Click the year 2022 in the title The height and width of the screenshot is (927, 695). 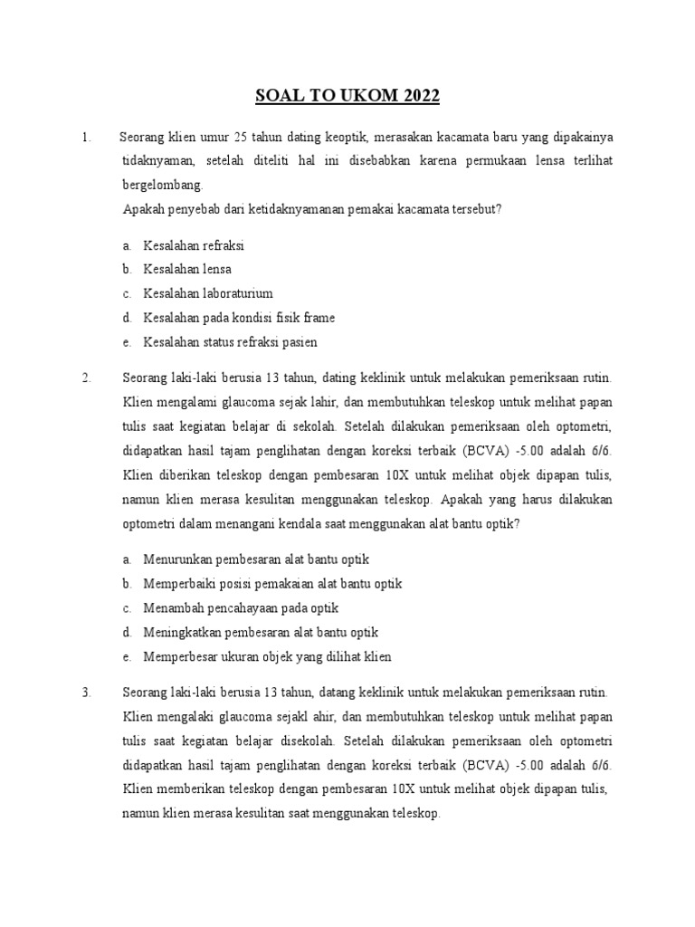coord(417,97)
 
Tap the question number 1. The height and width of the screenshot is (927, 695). coord(85,138)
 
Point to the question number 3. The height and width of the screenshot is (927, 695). coord(86,693)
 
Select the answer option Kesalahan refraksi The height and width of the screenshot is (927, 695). coord(194,245)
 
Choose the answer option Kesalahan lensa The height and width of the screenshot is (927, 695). coord(187,270)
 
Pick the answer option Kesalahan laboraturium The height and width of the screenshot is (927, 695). coord(208,294)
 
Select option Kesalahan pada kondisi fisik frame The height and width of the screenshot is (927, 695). coord(239,319)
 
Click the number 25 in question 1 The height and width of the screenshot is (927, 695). coord(241,138)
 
